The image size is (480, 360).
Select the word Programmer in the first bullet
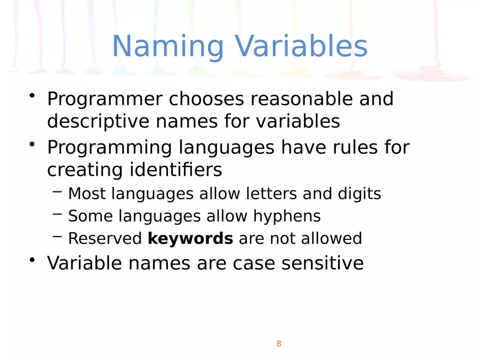pos(105,100)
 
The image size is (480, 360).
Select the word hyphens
pos(286,216)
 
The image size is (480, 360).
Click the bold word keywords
pos(190,238)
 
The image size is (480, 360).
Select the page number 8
pos(279,344)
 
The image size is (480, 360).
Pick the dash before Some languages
pos(57,214)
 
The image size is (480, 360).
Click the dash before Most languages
pos(57,191)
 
